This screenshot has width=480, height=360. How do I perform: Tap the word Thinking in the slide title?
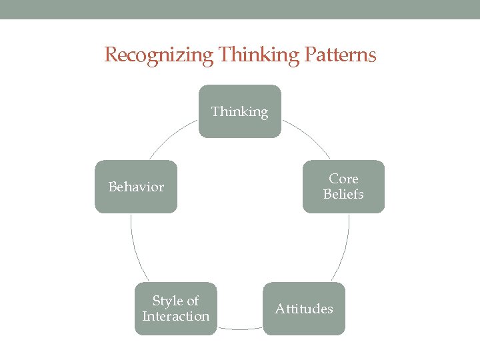click(247, 55)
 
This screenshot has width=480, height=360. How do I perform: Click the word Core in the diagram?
click(343, 179)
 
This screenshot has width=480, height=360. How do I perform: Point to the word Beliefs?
click(343, 194)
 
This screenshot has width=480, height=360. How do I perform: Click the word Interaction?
click(175, 316)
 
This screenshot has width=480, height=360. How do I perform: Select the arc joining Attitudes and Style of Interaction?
click(240, 329)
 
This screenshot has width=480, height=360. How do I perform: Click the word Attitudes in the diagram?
click(304, 309)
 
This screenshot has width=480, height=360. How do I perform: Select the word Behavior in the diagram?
click(136, 187)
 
